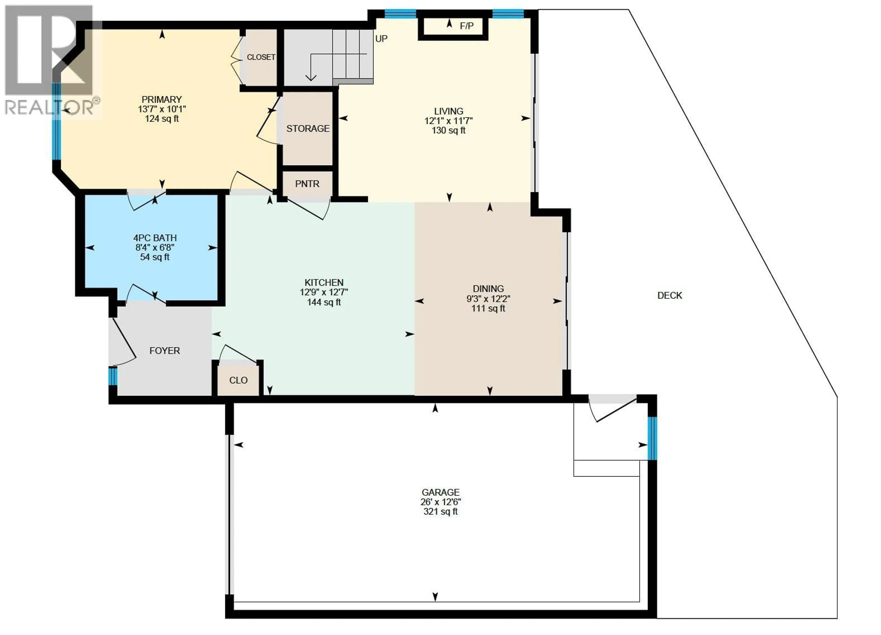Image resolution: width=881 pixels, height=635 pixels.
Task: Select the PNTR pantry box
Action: (x=307, y=184)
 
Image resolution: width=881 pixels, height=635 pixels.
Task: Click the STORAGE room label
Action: (x=308, y=129)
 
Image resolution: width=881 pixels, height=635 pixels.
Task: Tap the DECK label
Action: (x=669, y=296)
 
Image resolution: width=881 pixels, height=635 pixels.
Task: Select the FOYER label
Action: (x=165, y=351)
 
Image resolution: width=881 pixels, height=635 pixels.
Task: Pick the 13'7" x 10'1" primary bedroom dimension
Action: (x=162, y=109)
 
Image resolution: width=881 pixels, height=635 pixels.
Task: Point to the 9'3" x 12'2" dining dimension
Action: (x=488, y=299)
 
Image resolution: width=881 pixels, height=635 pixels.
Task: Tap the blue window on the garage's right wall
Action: (x=652, y=438)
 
